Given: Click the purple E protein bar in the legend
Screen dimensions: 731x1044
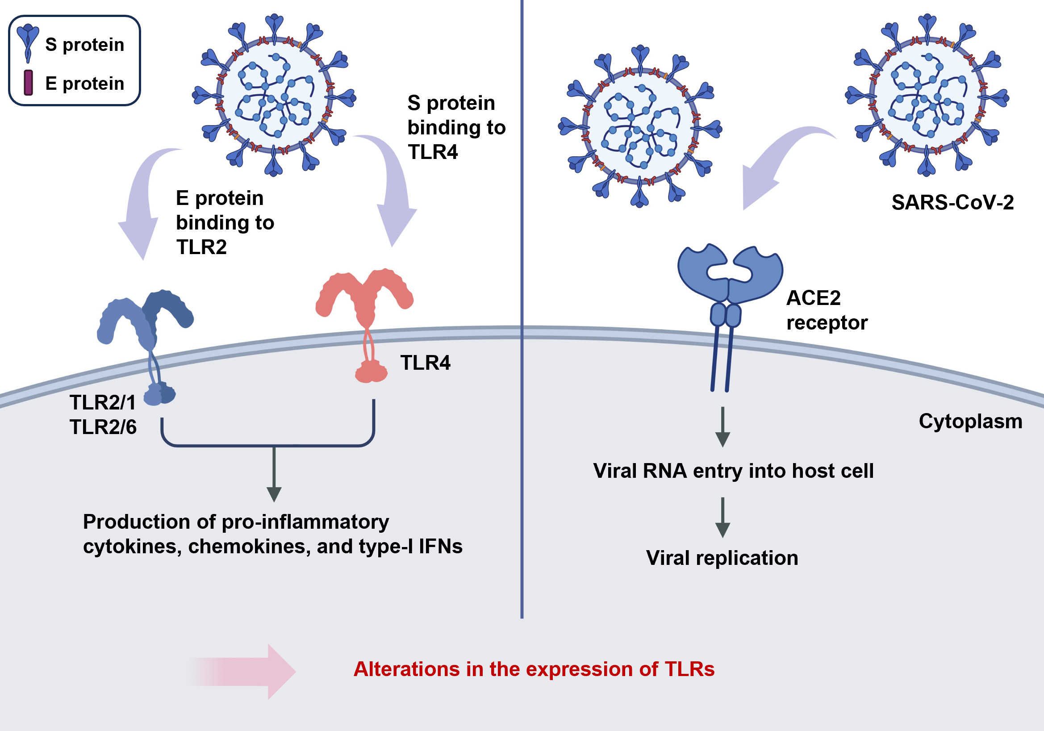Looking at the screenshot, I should click(x=28, y=83).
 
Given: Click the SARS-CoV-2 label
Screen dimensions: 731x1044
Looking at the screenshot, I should click(x=952, y=203).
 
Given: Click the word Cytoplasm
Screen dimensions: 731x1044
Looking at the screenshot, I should click(x=970, y=422).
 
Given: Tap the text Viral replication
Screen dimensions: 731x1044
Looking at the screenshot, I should click(x=722, y=558).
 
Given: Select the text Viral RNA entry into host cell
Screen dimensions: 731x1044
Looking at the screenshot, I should click(x=733, y=471).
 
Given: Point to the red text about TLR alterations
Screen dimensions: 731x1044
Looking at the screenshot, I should click(x=534, y=669).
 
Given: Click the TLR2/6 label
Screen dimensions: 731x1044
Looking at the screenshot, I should click(x=103, y=427).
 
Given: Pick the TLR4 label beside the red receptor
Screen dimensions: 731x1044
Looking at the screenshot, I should click(x=425, y=363).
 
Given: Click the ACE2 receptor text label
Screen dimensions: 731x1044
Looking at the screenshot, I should click(x=827, y=310).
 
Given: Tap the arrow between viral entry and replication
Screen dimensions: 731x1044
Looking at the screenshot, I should click(x=722, y=518).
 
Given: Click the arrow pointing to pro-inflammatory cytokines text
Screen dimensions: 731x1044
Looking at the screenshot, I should click(x=274, y=475).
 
